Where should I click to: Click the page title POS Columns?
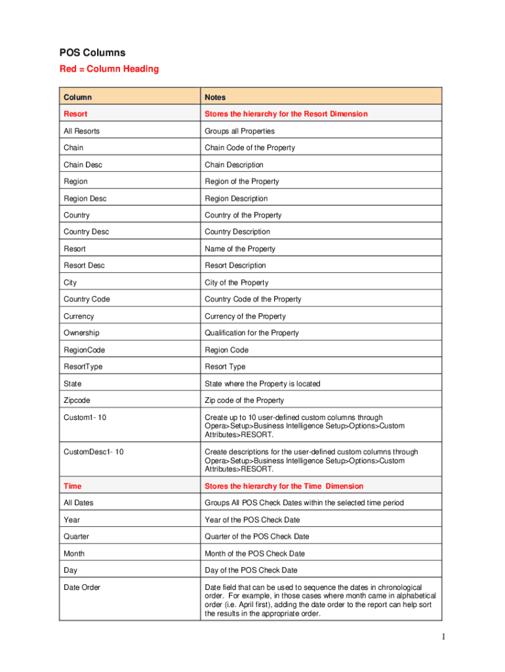92,52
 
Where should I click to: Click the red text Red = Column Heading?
109,69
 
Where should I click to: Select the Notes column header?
215,97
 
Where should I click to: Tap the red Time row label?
73,486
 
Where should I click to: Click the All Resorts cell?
81,131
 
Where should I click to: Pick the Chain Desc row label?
83,165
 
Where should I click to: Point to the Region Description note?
236,198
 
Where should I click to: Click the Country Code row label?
87,299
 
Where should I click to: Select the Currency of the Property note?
245,316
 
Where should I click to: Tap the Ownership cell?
81,333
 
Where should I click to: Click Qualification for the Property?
252,333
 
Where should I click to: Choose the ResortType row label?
83,367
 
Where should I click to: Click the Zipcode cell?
77,400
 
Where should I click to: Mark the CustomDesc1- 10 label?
93,451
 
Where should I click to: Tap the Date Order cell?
82,587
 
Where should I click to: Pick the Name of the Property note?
240,249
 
